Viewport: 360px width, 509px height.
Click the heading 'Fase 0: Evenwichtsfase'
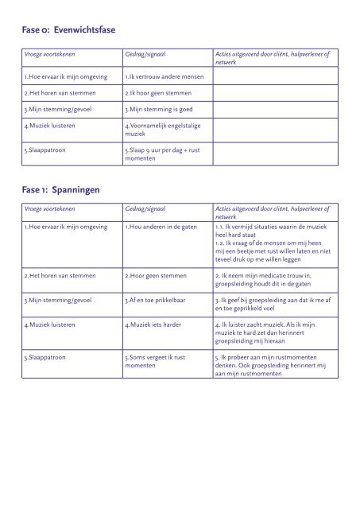click(69, 30)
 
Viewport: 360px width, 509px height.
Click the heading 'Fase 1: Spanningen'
click(62, 190)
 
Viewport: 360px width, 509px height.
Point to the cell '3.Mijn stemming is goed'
click(160, 110)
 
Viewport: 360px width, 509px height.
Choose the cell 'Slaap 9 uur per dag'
click(163, 153)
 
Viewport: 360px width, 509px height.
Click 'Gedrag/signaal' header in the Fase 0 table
click(145, 52)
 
